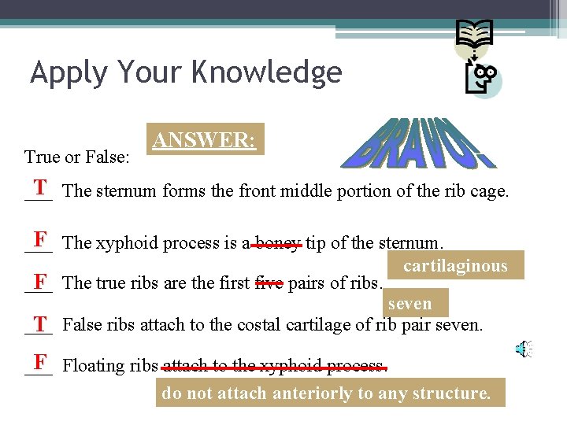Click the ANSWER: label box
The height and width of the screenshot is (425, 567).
click(204, 140)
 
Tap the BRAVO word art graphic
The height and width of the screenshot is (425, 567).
click(421, 143)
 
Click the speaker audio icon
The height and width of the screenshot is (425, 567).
click(524, 349)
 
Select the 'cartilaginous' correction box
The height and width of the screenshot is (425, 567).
click(455, 266)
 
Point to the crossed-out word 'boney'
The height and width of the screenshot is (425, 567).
click(277, 243)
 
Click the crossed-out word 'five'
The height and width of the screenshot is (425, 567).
click(268, 283)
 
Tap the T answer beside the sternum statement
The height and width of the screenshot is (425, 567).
click(39, 187)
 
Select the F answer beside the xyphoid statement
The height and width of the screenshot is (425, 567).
click(39, 238)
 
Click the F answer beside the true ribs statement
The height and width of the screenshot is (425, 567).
click(39, 280)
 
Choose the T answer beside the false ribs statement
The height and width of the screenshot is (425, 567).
click(39, 322)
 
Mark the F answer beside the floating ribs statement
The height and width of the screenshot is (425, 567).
click(39, 363)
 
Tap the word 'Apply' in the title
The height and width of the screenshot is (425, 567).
click(69, 73)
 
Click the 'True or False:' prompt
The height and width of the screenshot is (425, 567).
click(77, 157)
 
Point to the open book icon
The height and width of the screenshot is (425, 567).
click(475, 35)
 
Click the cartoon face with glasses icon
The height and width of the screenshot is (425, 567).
click(482, 79)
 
